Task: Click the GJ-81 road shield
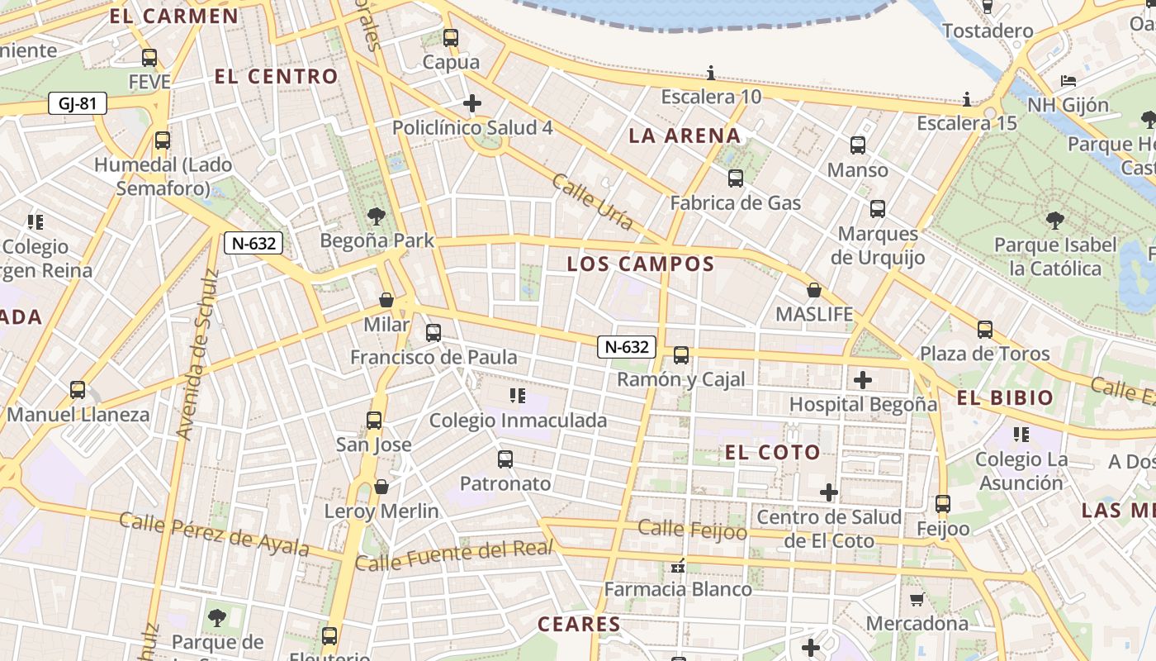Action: pyautogui.click(x=78, y=104)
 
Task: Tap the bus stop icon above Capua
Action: pyautogui.click(x=450, y=38)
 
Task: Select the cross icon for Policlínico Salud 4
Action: pyautogui.click(x=472, y=103)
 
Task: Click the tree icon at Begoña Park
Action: pyautogui.click(x=377, y=217)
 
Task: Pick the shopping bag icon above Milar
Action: pyautogui.click(x=386, y=300)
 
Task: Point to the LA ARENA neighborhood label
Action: pyautogui.click(x=685, y=136)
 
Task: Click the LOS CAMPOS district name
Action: pyautogui.click(x=640, y=264)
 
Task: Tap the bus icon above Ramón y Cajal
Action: pyautogui.click(x=680, y=355)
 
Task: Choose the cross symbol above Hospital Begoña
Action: pyautogui.click(x=863, y=380)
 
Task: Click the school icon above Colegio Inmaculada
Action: pyautogui.click(x=518, y=396)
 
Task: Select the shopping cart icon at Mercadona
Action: pyautogui.click(x=916, y=599)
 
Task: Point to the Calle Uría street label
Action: pyautogui.click(x=593, y=202)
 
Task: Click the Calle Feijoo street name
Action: pyautogui.click(x=692, y=530)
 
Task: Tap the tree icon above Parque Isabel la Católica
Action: pyautogui.click(x=1054, y=220)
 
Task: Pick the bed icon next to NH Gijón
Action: pyautogui.click(x=1068, y=81)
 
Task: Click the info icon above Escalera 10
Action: pyautogui.click(x=710, y=73)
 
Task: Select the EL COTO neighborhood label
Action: pyautogui.click(x=772, y=452)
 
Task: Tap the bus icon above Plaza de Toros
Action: pyautogui.click(x=984, y=330)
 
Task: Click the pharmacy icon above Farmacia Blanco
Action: pyautogui.click(x=678, y=566)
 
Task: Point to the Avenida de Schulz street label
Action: pyautogui.click(x=197, y=354)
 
